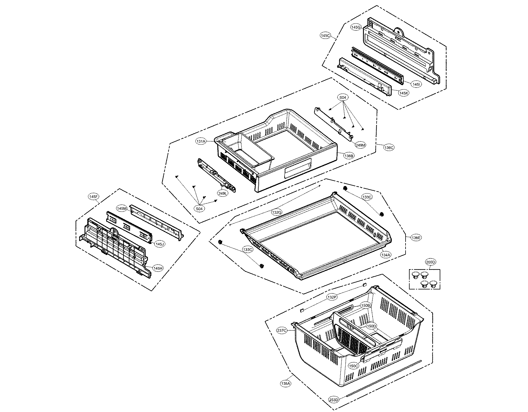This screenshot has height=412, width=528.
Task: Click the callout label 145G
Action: (x=356, y=27)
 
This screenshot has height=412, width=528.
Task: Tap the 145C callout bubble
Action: (x=325, y=35)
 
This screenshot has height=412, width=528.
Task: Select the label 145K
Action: (x=403, y=93)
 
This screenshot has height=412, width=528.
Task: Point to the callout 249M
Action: (x=361, y=145)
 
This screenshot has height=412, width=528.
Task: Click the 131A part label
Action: (x=201, y=141)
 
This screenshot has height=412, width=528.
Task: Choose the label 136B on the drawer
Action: (x=349, y=156)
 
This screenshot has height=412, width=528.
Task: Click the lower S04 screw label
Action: (x=199, y=208)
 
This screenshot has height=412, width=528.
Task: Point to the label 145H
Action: (x=157, y=269)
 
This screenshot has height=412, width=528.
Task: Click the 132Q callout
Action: (x=276, y=212)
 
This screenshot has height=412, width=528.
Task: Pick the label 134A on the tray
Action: (x=386, y=255)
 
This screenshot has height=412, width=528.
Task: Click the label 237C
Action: (x=282, y=330)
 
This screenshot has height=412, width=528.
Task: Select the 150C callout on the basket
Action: (x=353, y=366)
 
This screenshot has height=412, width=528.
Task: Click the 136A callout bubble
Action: (x=285, y=384)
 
